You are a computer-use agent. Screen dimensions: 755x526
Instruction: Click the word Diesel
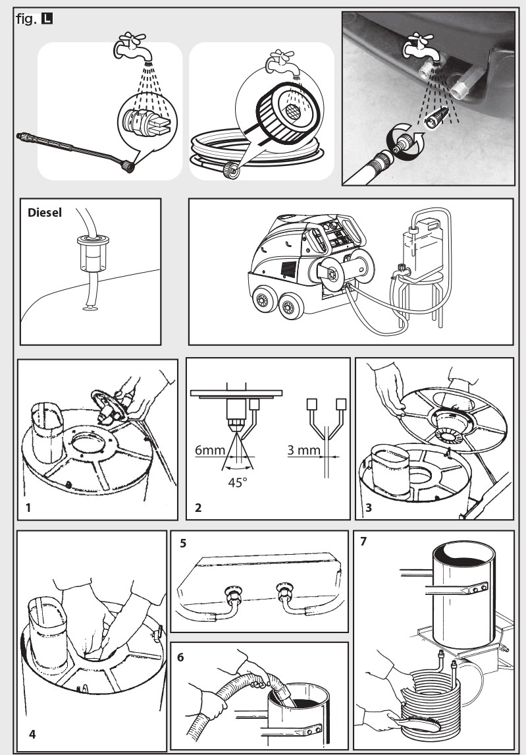tap(43, 213)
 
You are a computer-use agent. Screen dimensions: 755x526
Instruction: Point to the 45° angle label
tap(238, 482)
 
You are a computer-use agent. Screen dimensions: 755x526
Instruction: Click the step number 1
tap(28, 508)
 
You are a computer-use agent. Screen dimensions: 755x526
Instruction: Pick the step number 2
tap(198, 508)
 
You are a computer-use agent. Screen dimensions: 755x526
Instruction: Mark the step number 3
tap(367, 508)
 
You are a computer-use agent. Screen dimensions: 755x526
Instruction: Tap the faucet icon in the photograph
tap(417, 47)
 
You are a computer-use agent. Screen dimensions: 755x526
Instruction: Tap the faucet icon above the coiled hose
tap(276, 63)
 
